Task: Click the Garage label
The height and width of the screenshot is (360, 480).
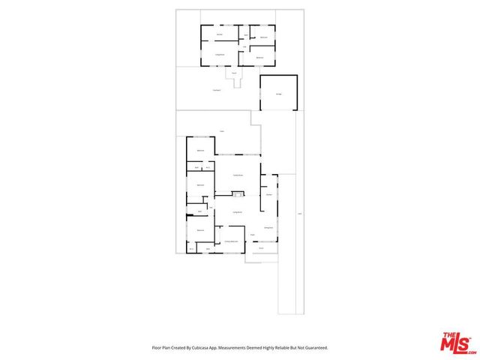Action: (x=278, y=94)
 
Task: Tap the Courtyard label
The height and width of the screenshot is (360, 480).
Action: (x=216, y=90)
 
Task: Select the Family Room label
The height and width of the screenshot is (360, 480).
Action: (x=237, y=174)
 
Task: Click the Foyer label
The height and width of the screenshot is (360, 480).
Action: (x=253, y=235)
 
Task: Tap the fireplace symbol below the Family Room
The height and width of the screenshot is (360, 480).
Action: (x=237, y=194)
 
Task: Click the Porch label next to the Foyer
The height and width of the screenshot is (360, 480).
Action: (x=261, y=248)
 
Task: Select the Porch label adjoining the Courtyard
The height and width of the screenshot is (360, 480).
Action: (x=234, y=73)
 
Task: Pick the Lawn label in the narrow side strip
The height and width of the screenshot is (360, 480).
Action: (x=298, y=215)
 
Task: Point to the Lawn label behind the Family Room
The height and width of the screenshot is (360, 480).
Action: (x=221, y=133)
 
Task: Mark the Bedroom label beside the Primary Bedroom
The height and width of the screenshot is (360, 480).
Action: (x=201, y=229)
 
